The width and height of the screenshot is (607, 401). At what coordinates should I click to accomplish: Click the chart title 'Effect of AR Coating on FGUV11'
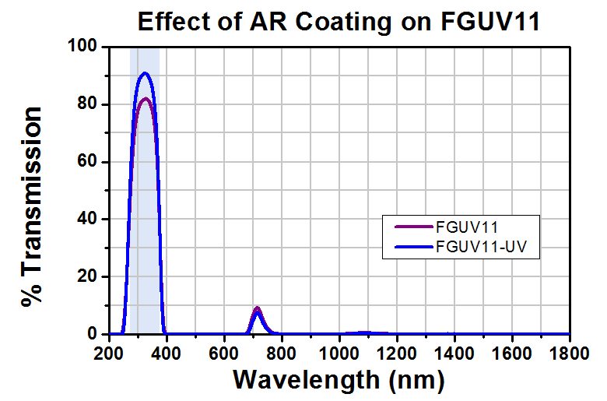[339, 21]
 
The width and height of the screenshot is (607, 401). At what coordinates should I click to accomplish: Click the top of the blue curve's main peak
[145, 73]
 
